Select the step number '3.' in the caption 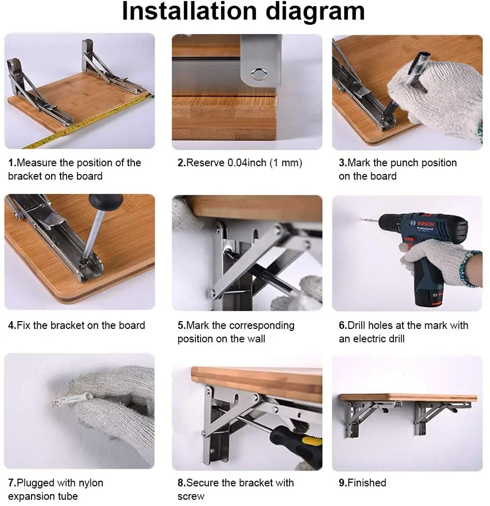[x=343, y=163]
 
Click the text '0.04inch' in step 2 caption [x=247, y=163]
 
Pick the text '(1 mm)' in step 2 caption [x=285, y=163]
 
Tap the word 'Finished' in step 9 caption [x=367, y=483]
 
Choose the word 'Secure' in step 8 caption [x=203, y=483]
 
